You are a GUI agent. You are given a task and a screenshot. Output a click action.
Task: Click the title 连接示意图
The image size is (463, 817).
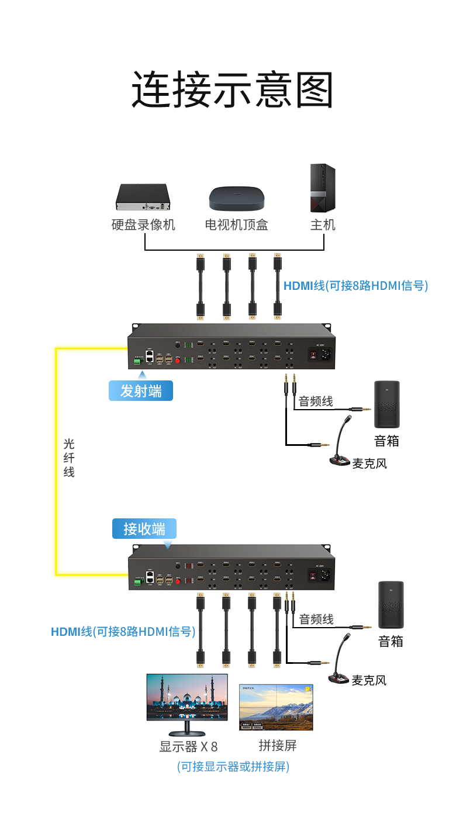[231, 90]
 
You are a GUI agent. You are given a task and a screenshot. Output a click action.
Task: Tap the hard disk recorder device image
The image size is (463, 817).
[143, 197]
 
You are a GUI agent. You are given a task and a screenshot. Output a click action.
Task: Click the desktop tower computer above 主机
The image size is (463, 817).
[323, 188]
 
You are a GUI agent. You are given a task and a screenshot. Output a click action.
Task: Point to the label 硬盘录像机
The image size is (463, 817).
[143, 225]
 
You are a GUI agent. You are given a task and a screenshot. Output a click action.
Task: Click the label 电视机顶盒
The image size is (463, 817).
[237, 225]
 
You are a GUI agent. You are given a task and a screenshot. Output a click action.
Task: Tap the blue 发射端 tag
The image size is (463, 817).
[141, 390]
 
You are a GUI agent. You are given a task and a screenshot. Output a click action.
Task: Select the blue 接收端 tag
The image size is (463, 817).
[144, 529]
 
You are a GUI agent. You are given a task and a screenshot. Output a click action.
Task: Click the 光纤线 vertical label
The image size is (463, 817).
[69, 458]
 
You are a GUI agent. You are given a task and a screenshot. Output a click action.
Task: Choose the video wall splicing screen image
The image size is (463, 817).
[276, 707]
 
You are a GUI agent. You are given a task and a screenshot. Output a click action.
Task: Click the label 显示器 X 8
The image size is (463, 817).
[188, 746]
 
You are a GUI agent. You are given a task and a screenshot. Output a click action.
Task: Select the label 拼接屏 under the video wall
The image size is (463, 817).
[278, 745]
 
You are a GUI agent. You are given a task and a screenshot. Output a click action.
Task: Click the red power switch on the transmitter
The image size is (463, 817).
[312, 354]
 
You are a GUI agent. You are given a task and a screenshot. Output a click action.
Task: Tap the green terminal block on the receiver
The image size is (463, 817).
[138, 581]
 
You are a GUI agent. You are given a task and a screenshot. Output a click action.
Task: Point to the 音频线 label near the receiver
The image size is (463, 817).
[316, 619]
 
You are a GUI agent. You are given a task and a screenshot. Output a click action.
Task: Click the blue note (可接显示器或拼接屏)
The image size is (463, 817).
[233, 766]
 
